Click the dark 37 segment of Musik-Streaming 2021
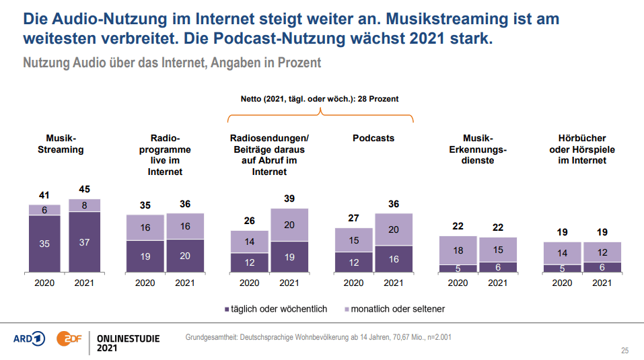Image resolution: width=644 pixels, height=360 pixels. coord(84,242)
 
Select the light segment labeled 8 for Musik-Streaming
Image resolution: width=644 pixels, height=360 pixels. coord(84,205)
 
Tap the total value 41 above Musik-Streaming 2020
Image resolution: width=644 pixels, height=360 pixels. coord(44,195)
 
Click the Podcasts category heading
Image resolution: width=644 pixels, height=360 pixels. coord(373,138)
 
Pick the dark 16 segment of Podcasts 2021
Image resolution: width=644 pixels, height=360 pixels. coord(394,259)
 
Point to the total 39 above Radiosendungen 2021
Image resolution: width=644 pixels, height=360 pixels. coord(289,200)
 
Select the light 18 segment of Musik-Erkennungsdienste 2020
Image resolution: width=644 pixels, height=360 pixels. coord(458,250)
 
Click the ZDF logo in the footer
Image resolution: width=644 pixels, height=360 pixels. coord(69,339)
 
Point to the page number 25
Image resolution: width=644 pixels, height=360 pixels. coord(624,351)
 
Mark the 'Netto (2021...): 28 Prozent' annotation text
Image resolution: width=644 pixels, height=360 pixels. coord(320,99)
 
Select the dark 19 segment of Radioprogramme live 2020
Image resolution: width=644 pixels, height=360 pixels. coord(145,256)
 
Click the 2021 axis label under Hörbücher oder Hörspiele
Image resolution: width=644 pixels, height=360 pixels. coord(602,283)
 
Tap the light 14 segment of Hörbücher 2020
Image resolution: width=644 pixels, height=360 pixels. coord(563,253)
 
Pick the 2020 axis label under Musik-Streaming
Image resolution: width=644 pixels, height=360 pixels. coord(44,283)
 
